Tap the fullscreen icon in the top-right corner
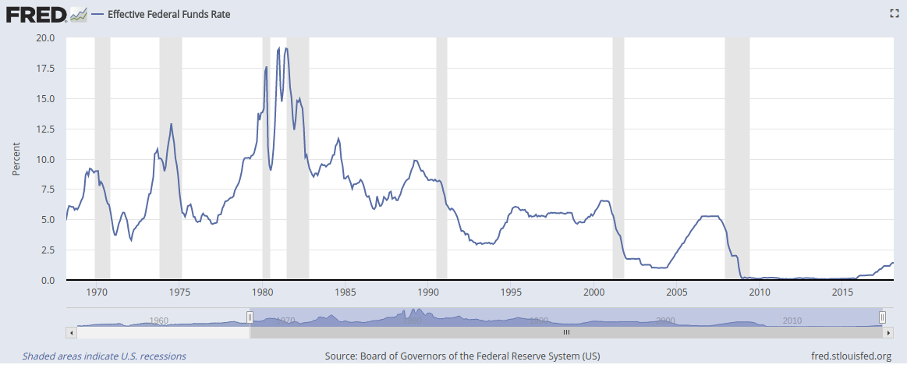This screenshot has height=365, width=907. point(895,13)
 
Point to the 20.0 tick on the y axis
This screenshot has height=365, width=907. point(45,37)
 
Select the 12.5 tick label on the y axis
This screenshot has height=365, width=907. point(45,129)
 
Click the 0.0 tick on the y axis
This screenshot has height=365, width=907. point(48,281)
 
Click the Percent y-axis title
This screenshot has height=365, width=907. point(16,159)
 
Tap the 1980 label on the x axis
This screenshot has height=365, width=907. point(263,292)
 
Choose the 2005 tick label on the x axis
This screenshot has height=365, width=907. point(677,292)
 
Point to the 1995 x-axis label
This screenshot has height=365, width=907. point(511,292)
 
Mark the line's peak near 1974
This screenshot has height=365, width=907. point(171,124)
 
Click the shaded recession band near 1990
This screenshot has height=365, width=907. point(441,156)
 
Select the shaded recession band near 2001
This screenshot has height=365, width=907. point(618,156)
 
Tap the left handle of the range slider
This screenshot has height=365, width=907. point(250,317)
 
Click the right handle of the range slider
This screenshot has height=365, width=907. point(882,317)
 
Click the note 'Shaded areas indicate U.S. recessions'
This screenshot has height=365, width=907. point(104,356)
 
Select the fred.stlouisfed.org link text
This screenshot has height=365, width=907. point(852,356)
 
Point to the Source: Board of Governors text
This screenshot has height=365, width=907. point(462,356)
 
